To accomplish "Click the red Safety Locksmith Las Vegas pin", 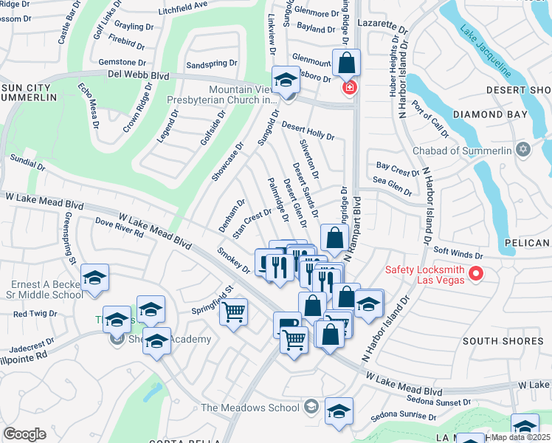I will pyautogui.click(x=476, y=274).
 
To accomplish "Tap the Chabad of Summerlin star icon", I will pyautogui.click(x=524, y=151).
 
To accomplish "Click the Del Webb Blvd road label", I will pyautogui.click(x=140, y=76).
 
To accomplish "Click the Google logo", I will pyautogui.click(x=24, y=434).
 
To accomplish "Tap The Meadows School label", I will pyautogui.click(x=250, y=408).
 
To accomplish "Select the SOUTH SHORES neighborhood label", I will pyautogui.click(x=492, y=340).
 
